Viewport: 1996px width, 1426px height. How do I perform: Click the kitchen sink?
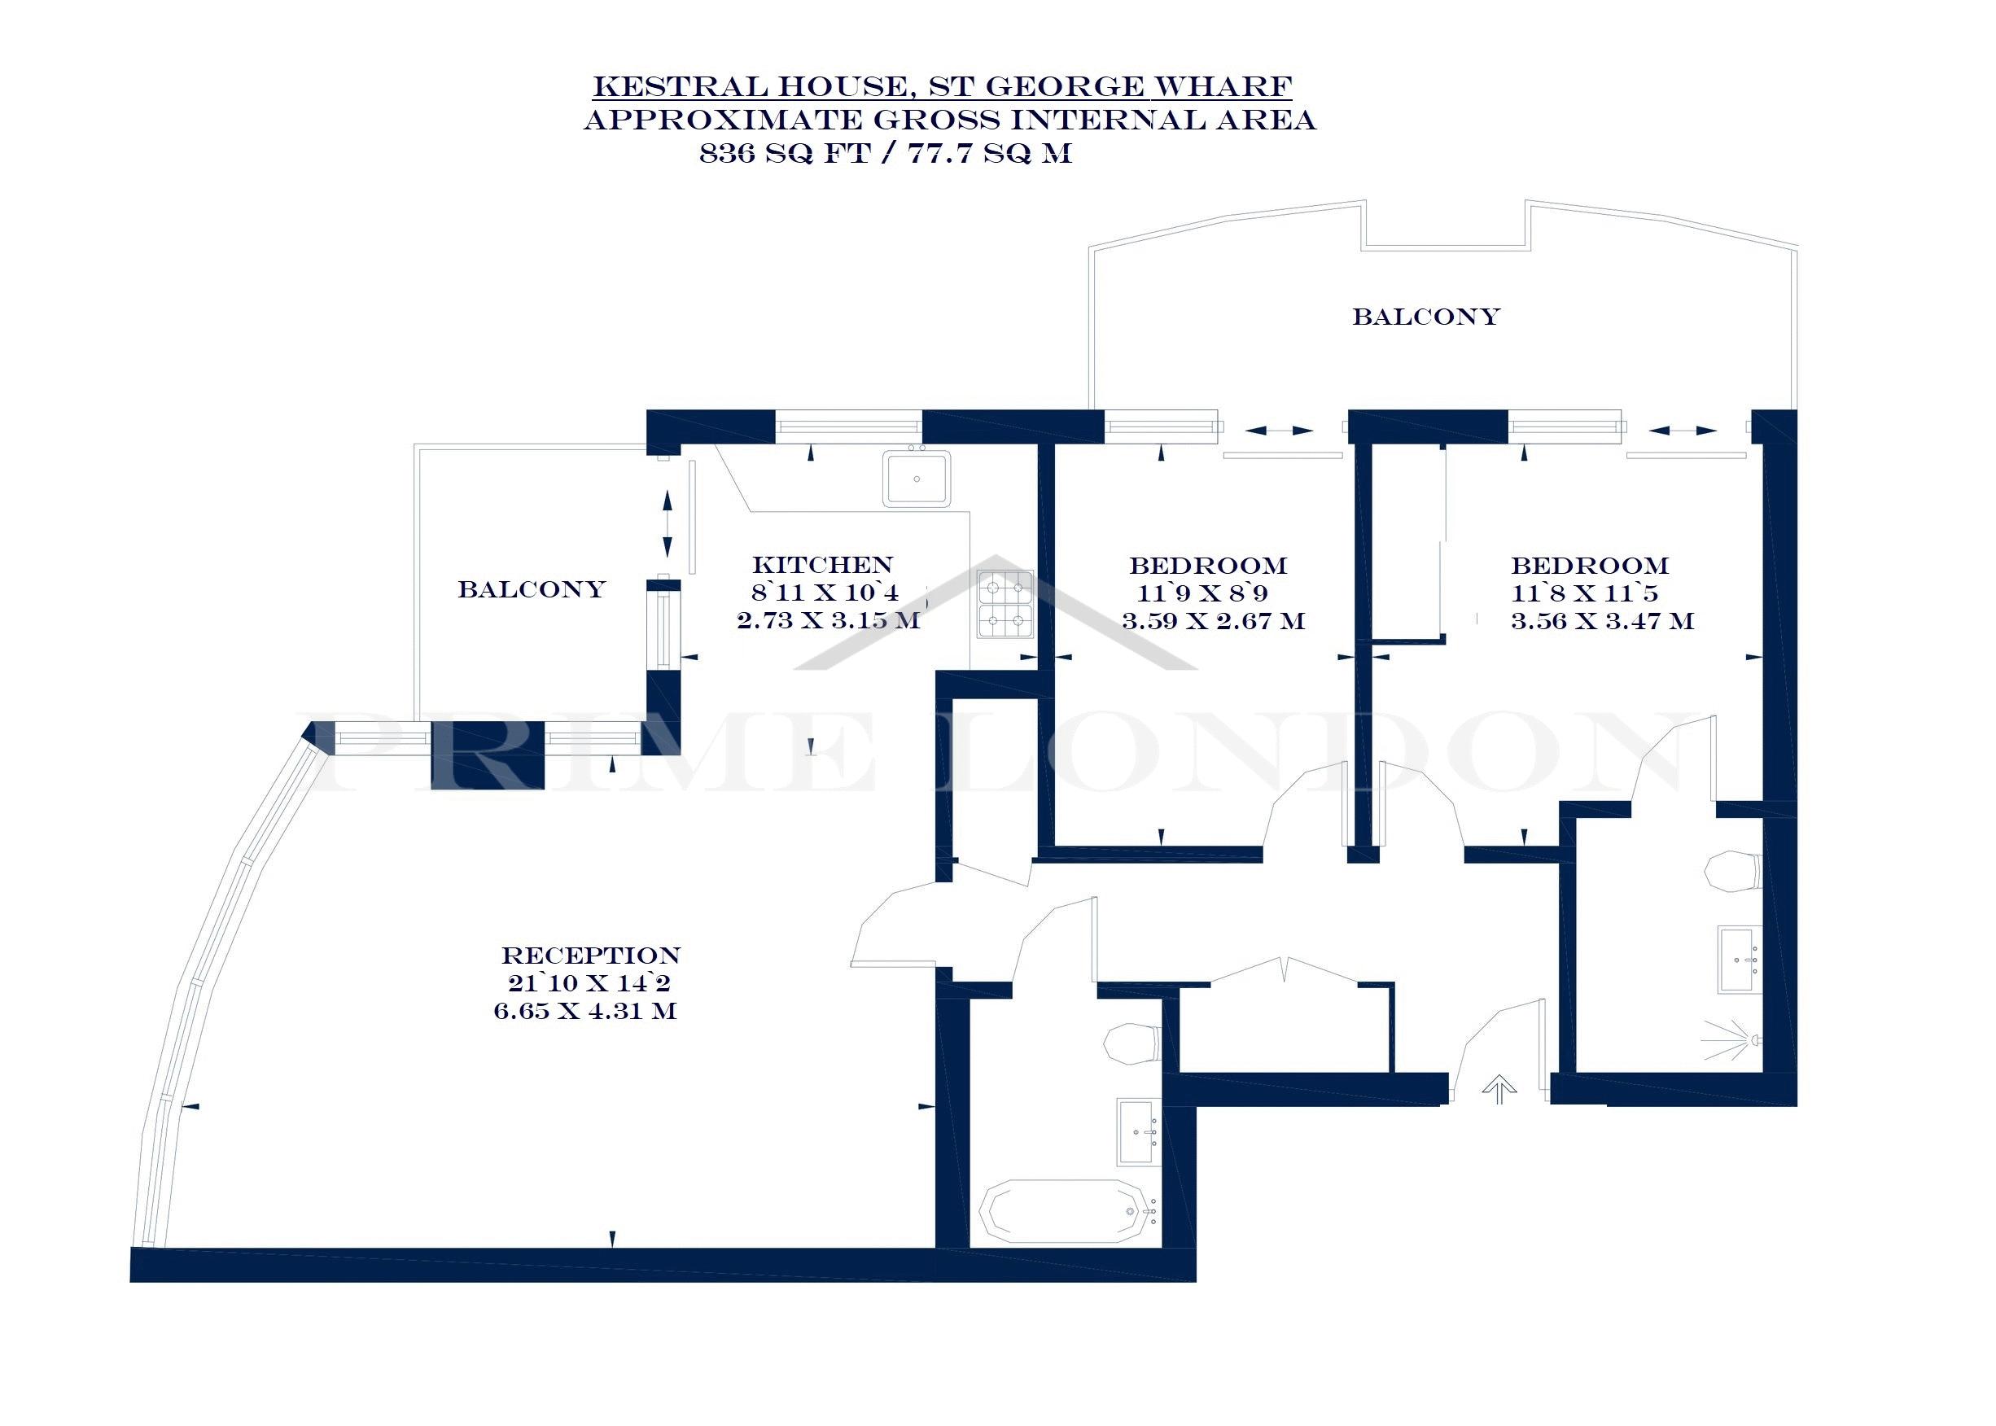(x=916, y=479)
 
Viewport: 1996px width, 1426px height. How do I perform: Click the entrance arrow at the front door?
(x=1499, y=1090)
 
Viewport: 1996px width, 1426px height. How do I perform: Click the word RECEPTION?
(x=590, y=956)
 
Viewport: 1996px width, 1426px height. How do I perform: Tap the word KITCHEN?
(x=822, y=565)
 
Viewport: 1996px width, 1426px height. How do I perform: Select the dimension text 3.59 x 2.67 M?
(x=1213, y=621)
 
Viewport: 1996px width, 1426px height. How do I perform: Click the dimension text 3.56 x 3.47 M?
(x=1602, y=621)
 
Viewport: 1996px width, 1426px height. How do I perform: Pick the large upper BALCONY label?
(x=1425, y=316)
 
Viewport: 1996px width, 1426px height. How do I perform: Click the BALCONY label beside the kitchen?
(x=532, y=588)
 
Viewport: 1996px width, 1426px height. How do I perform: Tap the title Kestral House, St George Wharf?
(x=941, y=86)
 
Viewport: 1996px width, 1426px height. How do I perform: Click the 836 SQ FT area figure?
(x=784, y=153)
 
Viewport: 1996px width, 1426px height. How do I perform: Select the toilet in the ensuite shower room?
(x=1732, y=871)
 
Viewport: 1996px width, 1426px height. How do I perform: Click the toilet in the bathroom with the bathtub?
(x=1132, y=1043)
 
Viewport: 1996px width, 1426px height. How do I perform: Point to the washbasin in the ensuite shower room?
(x=1740, y=960)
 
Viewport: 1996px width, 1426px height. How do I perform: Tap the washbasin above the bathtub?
(x=1136, y=1130)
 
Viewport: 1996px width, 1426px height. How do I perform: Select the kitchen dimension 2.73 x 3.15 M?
(x=828, y=621)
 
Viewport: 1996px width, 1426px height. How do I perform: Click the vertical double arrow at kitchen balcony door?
(x=667, y=523)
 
